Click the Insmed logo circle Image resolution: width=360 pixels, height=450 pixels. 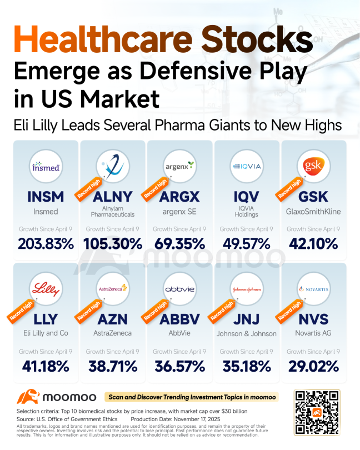pyautogui.click(x=46, y=167)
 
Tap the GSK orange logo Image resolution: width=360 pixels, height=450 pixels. pyautogui.click(x=313, y=166)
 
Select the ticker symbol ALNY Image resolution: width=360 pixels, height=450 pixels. pyautogui.click(x=113, y=197)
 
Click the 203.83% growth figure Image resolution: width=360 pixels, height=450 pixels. pyautogui.click(x=46, y=244)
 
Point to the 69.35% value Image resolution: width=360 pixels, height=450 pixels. pyautogui.click(x=179, y=244)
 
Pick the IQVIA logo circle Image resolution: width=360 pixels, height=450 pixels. pyautogui.click(x=247, y=167)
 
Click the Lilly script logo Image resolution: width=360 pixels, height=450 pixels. pyautogui.click(x=46, y=289)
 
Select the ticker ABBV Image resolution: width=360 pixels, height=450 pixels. pyautogui.click(x=179, y=319)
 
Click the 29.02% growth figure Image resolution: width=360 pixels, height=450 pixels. pyautogui.click(x=313, y=367)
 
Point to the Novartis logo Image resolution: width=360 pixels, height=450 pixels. pyautogui.click(x=313, y=289)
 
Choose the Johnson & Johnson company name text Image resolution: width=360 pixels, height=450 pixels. pyautogui.click(x=247, y=334)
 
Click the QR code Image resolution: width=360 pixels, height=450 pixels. pyautogui.click(x=317, y=412)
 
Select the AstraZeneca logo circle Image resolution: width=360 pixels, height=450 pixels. pyautogui.click(x=113, y=289)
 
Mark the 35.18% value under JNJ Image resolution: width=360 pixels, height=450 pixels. pyautogui.click(x=247, y=367)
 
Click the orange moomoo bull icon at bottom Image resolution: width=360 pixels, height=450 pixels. pyautogui.click(x=28, y=397)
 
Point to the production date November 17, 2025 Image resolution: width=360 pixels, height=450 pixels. pyautogui.click(x=176, y=419)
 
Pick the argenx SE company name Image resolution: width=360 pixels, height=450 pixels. pyautogui.click(x=179, y=212)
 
